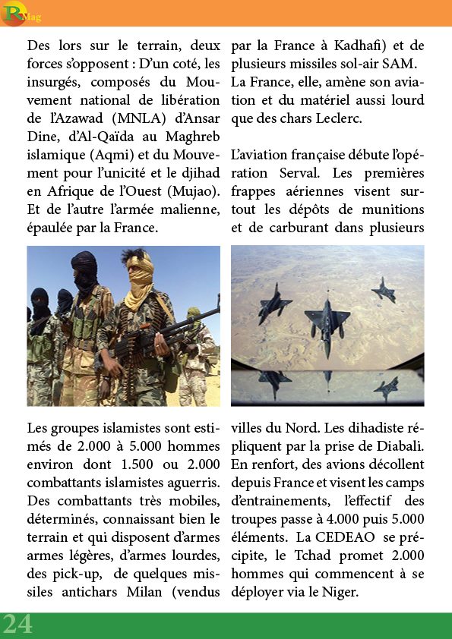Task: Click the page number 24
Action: pyautogui.click(x=17, y=624)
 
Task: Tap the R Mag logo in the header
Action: pyautogui.click(x=17, y=13)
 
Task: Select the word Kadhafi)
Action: pyautogui.click(x=361, y=45)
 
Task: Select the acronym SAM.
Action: pyautogui.click(x=401, y=63)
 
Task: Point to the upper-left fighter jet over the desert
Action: pyautogui.click(x=274, y=302)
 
